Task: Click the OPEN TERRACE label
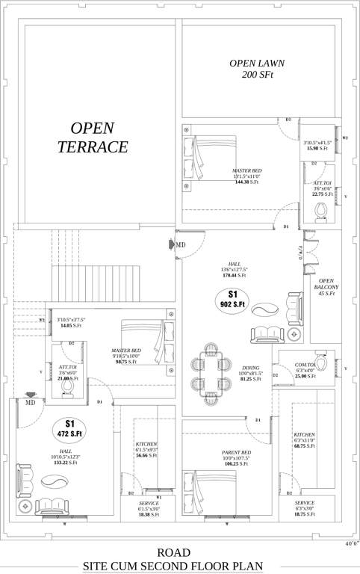[93, 138]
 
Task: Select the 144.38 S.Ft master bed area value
[246, 182]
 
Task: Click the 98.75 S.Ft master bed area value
[125, 362]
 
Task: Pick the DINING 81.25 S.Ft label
[250, 374]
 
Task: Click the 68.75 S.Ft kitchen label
[304, 446]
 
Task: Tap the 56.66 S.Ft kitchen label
[146, 455]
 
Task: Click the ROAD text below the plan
[179, 552]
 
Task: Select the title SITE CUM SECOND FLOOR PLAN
[179, 566]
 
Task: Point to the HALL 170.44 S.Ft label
[235, 269]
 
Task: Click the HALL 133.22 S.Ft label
[66, 457]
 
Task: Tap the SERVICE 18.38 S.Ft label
[149, 509]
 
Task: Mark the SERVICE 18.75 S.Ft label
[304, 508]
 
